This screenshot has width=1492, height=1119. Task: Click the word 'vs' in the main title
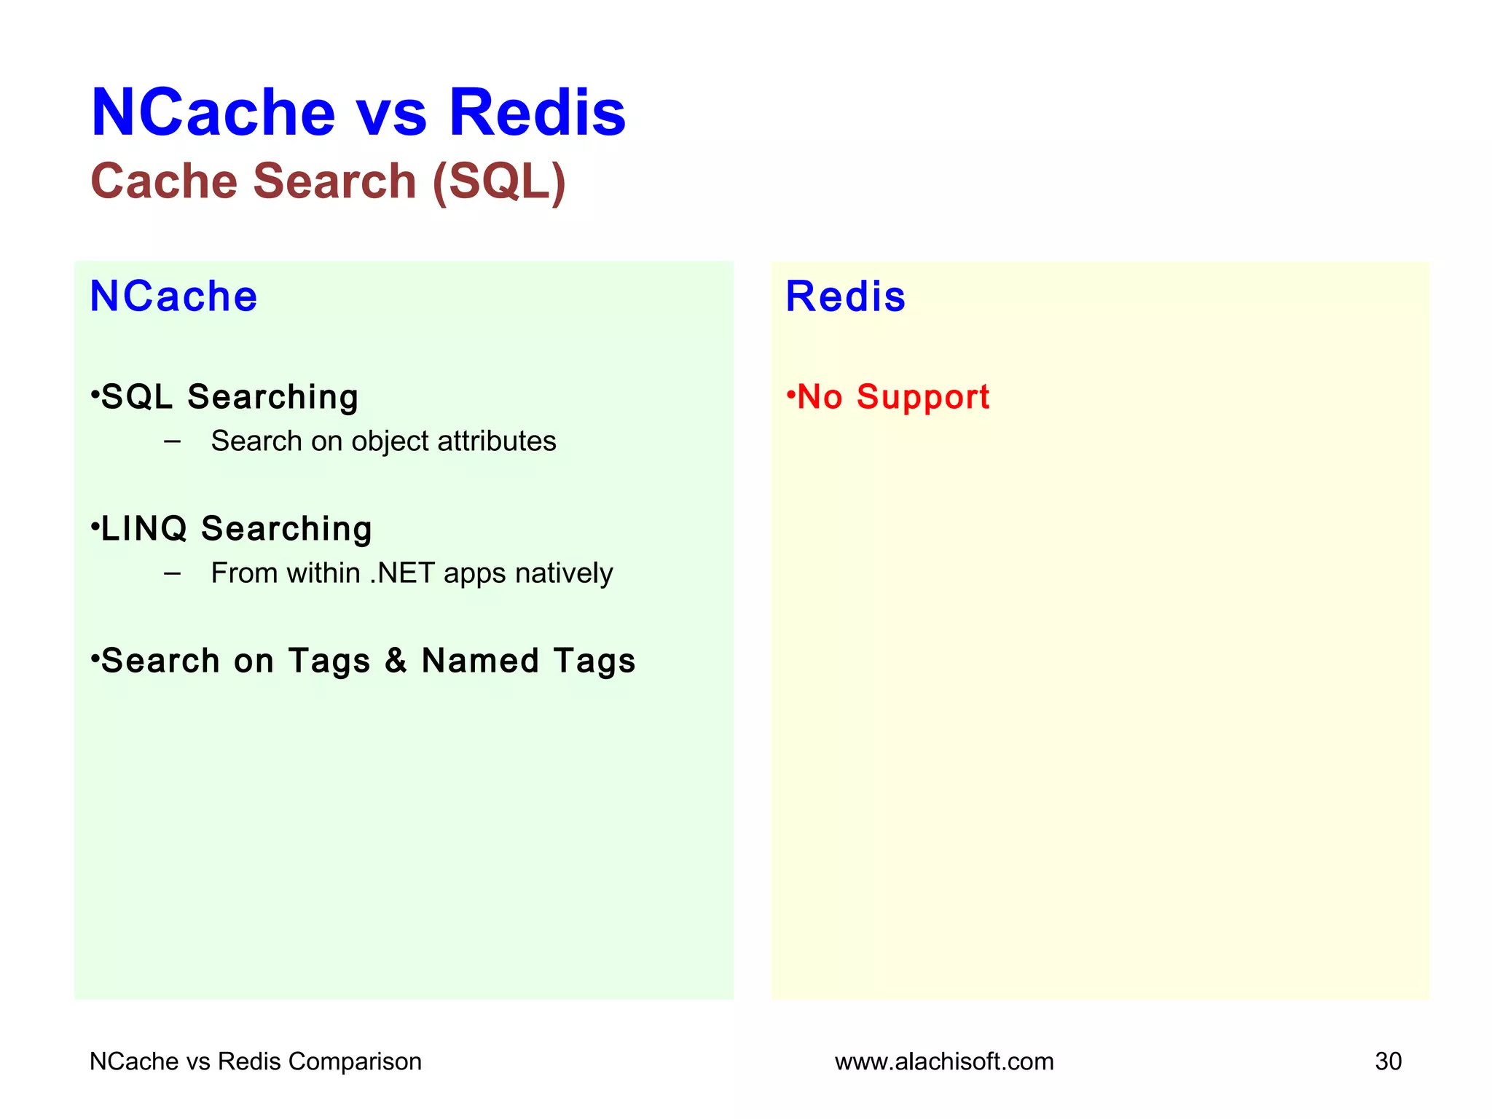tap(391, 114)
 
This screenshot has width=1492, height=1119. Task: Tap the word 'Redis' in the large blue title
tap(537, 114)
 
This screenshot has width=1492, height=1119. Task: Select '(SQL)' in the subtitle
tap(499, 182)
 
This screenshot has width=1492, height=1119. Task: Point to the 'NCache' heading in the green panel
tap(173, 297)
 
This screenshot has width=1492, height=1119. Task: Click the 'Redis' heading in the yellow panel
tap(845, 297)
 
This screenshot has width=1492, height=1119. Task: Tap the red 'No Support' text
tap(892, 398)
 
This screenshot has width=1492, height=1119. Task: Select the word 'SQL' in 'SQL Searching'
tap(137, 397)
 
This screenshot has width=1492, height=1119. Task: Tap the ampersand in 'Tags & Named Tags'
tap(396, 661)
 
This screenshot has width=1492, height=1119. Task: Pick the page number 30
tap(1388, 1061)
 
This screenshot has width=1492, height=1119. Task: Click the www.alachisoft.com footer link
tap(944, 1061)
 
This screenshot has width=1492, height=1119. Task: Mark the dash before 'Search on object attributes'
tap(173, 441)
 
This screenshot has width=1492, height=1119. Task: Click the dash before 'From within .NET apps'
tap(173, 573)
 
